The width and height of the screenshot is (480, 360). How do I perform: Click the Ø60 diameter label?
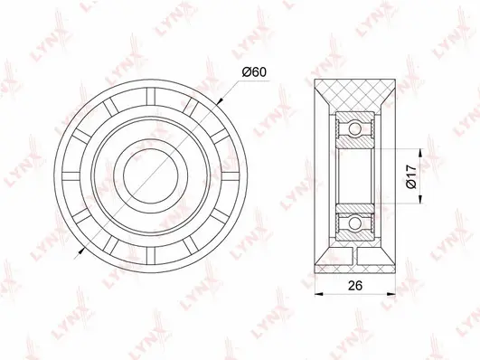(x=257, y=72)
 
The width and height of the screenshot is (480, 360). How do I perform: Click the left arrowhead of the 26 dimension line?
(x=316, y=291)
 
